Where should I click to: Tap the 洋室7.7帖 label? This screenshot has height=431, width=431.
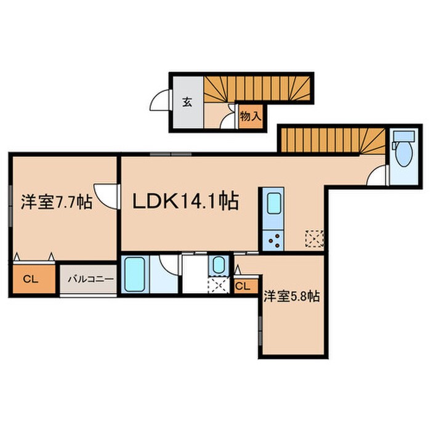tap(57, 201)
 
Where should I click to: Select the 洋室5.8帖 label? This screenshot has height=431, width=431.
tap(291, 296)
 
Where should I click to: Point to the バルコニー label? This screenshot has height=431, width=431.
tap(86, 279)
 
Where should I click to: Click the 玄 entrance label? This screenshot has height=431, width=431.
tap(187, 102)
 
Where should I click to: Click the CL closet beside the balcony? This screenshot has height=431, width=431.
tap(31, 279)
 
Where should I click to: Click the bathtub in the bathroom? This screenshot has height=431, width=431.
tap(134, 274)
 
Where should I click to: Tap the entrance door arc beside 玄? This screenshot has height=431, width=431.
tap(162, 100)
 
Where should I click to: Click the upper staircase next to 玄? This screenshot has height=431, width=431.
tap(259, 89)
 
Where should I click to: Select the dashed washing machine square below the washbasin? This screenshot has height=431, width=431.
tap(217, 285)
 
